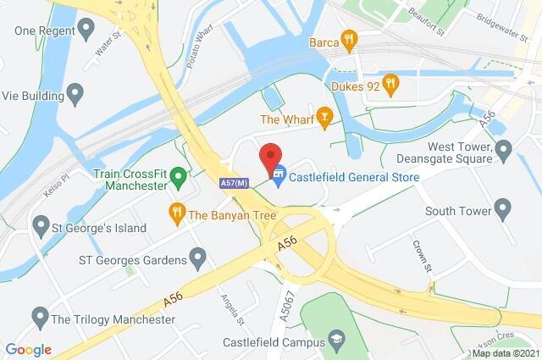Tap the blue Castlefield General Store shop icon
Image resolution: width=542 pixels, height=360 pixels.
coord(278,176)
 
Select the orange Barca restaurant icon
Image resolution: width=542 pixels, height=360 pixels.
coord(347,39)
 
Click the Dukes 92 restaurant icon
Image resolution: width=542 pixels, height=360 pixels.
coord(390,83)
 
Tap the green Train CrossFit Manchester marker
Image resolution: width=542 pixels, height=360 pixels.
coord(178,177)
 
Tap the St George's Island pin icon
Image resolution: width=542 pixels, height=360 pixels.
coord(40,227)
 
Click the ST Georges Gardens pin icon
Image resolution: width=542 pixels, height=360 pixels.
coord(198,255)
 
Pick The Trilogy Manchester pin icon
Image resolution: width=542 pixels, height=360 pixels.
coord(39,319)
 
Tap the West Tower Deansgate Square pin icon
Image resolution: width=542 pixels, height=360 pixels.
coord(503,151)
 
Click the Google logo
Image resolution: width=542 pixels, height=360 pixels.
coord(28,350)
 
